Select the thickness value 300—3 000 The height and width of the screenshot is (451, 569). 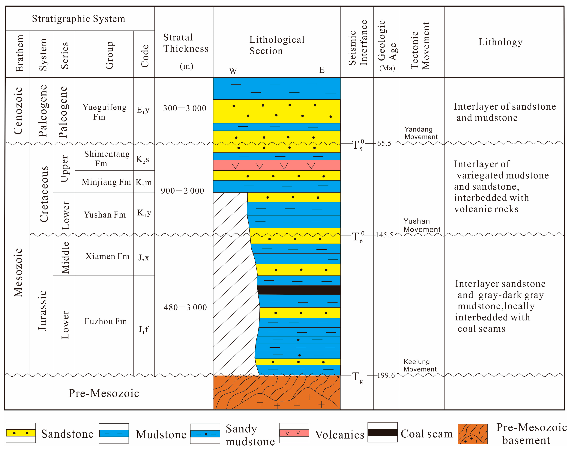click(x=185, y=108)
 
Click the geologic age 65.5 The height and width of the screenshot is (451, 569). click(x=384, y=143)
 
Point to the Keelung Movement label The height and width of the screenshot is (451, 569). click(x=420, y=365)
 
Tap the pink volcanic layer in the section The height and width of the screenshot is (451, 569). click(x=276, y=165)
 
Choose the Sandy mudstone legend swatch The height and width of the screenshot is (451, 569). click(x=205, y=434)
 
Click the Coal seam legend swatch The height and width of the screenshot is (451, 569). click(x=382, y=432)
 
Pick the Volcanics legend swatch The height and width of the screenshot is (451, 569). click(x=294, y=433)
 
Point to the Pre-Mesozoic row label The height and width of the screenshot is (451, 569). click(x=104, y=393)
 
